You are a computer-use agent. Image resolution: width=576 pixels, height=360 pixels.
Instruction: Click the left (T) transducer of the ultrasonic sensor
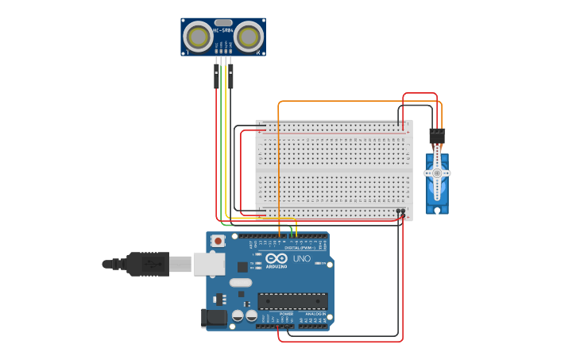198,36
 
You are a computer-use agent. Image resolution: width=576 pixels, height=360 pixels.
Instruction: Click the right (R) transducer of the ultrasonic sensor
249,36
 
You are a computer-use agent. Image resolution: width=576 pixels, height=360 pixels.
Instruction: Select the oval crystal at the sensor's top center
223,23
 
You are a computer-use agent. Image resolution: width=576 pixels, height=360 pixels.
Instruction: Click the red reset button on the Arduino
215,240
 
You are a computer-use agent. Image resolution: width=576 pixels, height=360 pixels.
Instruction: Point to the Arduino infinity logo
277,259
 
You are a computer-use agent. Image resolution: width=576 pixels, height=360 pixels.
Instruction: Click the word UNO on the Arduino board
302,259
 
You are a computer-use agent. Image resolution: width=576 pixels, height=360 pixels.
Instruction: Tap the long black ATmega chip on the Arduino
292,301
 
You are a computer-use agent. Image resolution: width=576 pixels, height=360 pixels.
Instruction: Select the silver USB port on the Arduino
209,263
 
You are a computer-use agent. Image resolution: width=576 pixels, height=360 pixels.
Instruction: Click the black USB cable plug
148,264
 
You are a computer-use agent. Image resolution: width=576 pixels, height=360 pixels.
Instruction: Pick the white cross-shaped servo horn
437,172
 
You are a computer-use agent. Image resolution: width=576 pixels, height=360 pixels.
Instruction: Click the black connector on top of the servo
437,136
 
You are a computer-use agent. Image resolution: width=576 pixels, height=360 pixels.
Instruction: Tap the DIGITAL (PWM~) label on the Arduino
300,248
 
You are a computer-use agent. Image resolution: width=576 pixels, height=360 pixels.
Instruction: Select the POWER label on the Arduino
285,314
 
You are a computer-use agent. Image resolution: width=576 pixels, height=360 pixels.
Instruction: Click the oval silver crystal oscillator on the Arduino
241,282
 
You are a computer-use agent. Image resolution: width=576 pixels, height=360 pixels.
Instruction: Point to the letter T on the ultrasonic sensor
187,52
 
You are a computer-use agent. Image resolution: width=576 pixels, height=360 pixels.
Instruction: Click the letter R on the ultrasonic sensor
259,52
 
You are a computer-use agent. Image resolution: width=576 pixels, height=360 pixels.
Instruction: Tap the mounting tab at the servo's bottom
437,210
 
